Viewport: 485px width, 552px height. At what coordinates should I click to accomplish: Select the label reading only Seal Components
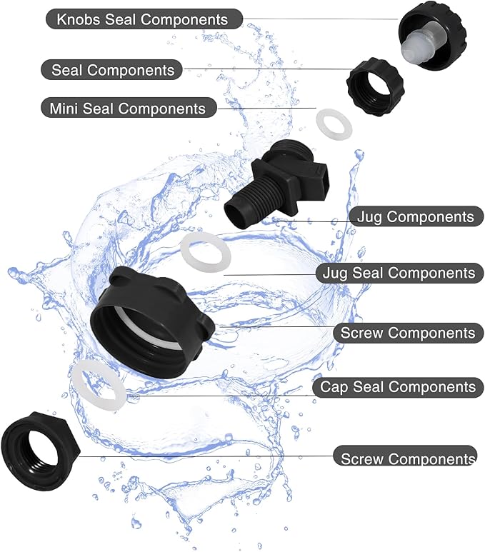coord(113,70)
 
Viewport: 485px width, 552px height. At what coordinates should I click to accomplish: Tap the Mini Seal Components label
coord(127,109)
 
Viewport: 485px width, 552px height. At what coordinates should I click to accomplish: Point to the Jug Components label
coord(414,216)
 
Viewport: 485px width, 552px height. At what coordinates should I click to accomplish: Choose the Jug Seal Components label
coord(399,273)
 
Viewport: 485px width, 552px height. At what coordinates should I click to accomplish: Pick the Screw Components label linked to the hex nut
coord(407,458)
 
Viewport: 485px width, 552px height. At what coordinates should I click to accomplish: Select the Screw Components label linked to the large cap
coord(407,333)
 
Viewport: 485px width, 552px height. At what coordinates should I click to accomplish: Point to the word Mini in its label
coord(64,109)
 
